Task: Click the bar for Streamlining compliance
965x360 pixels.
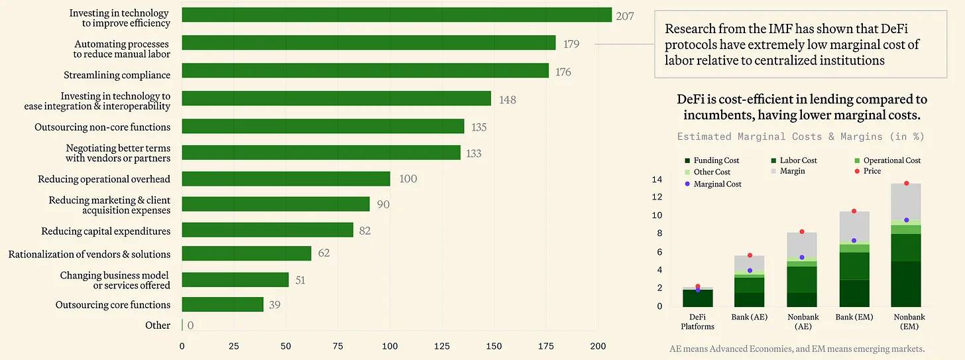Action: [365, 71]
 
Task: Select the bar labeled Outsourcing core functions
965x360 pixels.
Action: [223, 305]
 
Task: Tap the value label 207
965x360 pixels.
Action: [624, 16]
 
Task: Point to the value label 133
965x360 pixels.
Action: [473, 153]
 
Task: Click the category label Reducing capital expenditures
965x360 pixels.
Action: [106, 231]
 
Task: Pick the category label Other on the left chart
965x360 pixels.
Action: [158, 326]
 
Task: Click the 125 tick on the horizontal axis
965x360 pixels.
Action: [441, 345]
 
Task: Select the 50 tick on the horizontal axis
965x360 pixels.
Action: [286, 345]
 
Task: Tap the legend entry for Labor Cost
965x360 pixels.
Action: [798, 160]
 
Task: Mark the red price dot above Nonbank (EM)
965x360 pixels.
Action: [906, 184]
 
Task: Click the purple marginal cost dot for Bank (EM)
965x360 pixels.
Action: [854, 241]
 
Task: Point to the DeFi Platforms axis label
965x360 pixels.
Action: [697, 322]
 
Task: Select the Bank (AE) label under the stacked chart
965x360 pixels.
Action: [749, 317]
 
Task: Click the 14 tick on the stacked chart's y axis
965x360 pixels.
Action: [657, 180]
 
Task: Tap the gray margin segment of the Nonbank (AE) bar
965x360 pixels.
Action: [802, 244]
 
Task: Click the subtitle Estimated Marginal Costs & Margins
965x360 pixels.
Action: [801, 137]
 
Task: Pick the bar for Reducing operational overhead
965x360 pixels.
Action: [286, 179]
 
